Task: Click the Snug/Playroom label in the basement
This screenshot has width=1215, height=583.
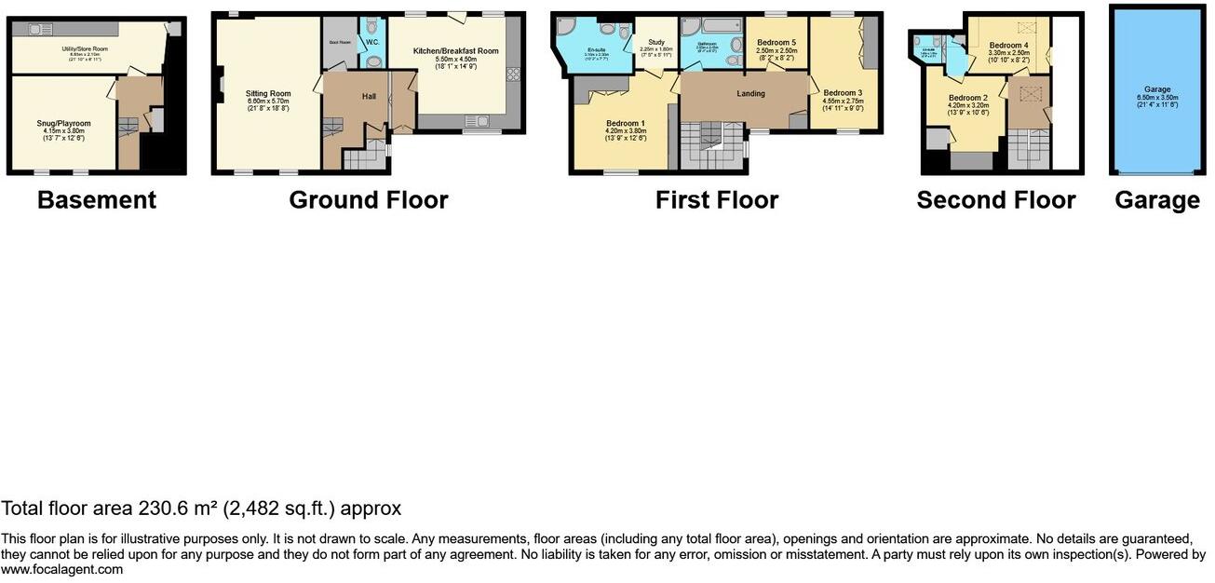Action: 63,123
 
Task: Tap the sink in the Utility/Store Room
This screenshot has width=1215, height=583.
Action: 38,30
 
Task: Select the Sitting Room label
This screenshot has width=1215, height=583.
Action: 268,93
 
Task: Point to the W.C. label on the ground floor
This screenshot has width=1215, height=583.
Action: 372,42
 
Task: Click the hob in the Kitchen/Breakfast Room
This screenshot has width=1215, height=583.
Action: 512,75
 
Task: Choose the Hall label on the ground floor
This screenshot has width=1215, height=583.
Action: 368,96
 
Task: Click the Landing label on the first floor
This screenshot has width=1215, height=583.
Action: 750,93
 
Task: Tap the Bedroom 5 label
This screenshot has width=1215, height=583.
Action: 776,43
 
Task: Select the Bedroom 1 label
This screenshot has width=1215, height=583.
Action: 625,124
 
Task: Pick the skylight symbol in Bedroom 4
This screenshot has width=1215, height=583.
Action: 1028,27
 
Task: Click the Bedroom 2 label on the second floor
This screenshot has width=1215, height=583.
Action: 968,99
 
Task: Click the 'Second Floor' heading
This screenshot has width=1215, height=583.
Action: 995,200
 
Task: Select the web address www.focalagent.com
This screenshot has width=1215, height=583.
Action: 61,569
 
